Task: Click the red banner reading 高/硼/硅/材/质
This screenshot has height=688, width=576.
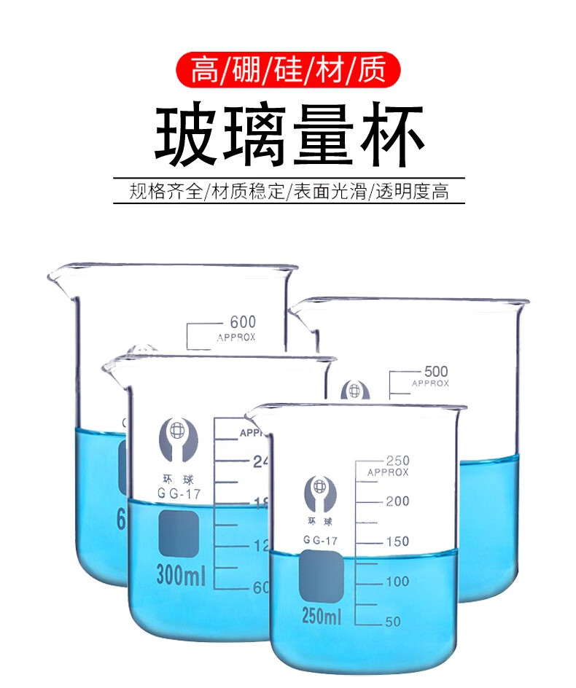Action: [288, 71]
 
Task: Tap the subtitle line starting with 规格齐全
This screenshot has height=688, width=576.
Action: [288, 192]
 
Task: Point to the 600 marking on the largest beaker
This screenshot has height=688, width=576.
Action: [243, 322]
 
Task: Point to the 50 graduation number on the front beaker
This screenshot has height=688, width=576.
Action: [393, 621]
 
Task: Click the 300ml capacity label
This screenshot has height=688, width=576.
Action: [180, 577]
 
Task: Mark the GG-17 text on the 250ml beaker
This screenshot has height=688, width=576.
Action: [321, 540]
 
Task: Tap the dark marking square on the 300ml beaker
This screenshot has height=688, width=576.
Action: [179, 534]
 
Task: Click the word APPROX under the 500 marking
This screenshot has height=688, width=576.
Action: [430, 383]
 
